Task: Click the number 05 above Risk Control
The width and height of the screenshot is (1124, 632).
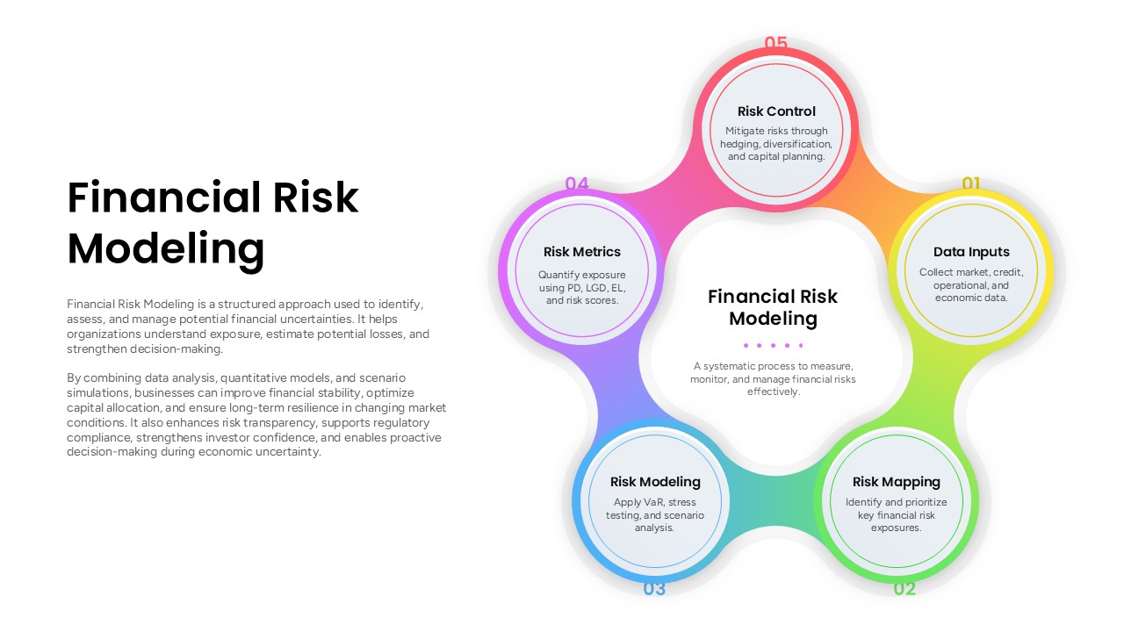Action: tap(775, 42)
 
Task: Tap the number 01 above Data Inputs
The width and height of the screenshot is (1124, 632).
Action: tap(971, 183)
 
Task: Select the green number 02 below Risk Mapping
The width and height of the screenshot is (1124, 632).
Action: tap(904, 589)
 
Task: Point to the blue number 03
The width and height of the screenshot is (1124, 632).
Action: tap(654, 589)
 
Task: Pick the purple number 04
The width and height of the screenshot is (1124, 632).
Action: tap(577, 183)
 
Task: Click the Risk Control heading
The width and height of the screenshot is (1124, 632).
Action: tap(776, 111)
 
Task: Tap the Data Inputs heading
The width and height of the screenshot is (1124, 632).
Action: tap(971, 252)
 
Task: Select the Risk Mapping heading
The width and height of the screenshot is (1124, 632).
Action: tap(896, 482)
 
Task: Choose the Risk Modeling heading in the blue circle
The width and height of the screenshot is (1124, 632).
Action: tap(655, 482)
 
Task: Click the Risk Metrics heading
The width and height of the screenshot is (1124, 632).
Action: tap(582, 252)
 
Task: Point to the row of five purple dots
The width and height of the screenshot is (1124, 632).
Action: tap(773, 345)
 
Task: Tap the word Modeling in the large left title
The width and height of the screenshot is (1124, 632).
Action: tap(166, 248)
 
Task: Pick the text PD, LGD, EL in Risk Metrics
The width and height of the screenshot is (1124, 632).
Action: tap(594, 288)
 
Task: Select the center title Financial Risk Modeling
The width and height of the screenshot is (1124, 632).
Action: tap(773, 307)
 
